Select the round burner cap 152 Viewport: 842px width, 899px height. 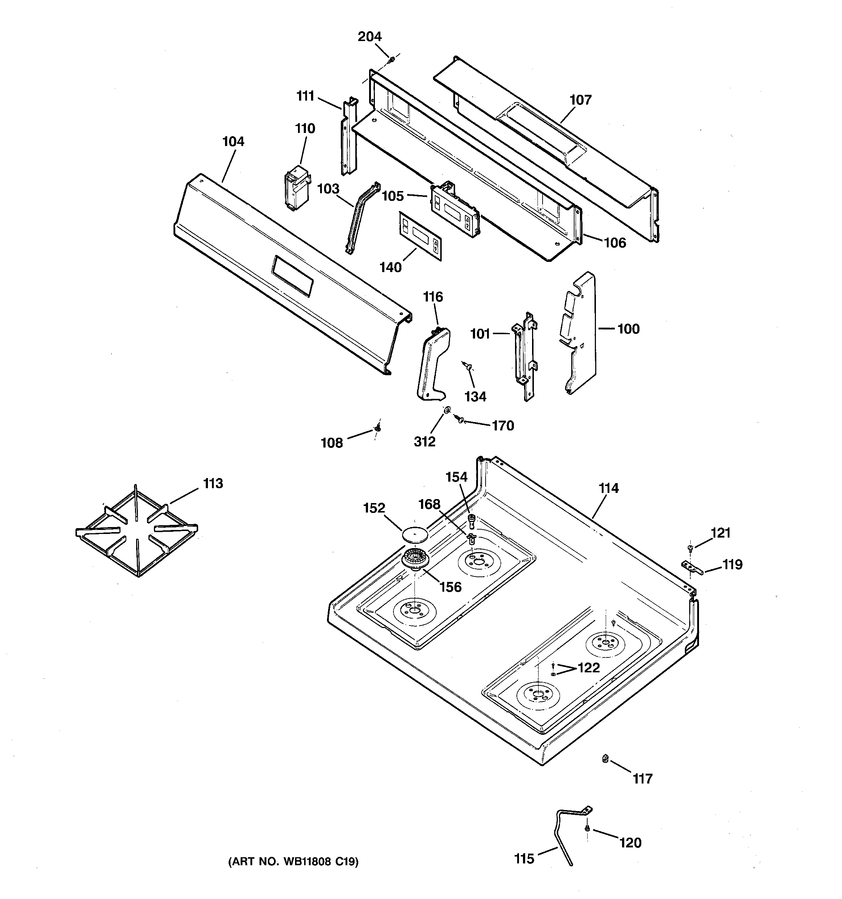414,534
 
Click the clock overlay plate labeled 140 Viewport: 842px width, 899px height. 420,236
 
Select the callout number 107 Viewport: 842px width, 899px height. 580,100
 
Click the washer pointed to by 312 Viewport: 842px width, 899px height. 446,410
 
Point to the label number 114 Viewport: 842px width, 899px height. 608,489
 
